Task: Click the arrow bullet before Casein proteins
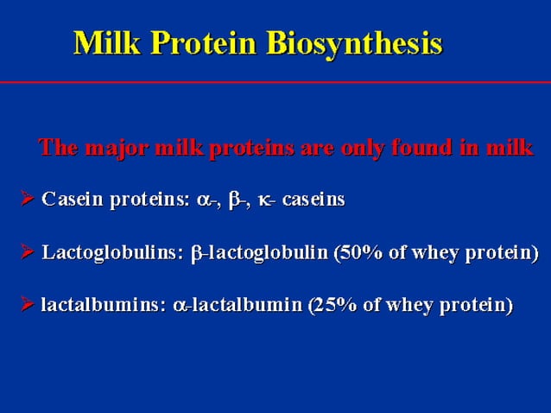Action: click(28, 200)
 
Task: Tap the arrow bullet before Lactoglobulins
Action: click(28, 253)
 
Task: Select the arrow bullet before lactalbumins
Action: click(28, 305)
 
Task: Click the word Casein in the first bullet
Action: click(70, 200)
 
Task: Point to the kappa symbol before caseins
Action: click(264, 201)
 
